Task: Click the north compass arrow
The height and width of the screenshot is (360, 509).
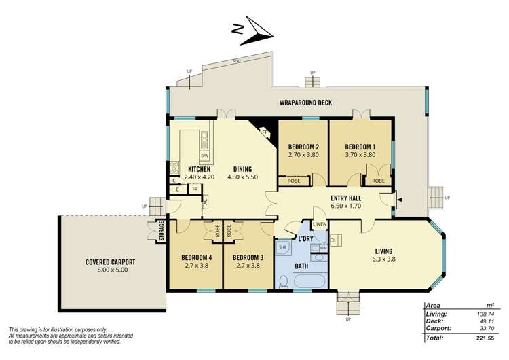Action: point(253,29)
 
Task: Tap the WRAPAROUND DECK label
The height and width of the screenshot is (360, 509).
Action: point(305,103)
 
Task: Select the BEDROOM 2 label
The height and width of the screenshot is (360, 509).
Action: point(303,147)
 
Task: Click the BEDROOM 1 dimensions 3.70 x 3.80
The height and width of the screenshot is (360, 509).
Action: point(360,154)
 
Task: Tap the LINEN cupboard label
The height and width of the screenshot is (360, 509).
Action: point(319,225)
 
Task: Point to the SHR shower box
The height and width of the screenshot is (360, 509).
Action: point(283,248)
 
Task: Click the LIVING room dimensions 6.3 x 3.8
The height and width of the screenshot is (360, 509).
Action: point(383,259)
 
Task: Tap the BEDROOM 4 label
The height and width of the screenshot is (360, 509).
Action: point(195,257)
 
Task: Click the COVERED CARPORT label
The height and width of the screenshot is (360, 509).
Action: point(111,262)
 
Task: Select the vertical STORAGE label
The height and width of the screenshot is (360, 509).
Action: point(162,231)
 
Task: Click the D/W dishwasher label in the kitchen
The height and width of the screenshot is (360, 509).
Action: point(204,156)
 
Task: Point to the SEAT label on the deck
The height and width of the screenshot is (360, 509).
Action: point(237,61)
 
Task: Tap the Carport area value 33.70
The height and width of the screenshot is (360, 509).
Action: point(484,329)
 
